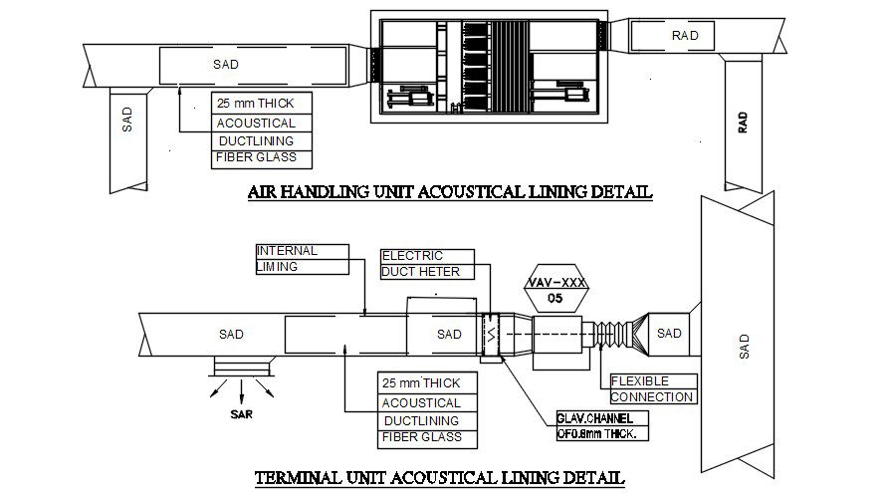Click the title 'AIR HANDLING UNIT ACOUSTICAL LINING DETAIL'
point(449,192)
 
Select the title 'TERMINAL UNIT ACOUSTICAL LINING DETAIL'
point(440,477)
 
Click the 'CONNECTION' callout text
point(651,396)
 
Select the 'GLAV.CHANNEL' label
point(601,418)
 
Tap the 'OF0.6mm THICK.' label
point(601,434)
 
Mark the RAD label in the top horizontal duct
point(685,36)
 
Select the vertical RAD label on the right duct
point(743,123)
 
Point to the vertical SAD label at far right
point(744,347)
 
